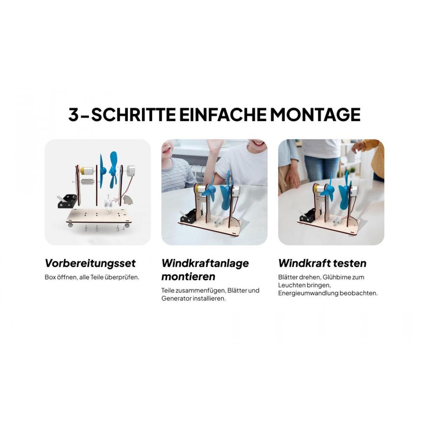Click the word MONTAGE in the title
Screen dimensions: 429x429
tap(315, 114)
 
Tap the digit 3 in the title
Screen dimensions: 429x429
tap(73, 114)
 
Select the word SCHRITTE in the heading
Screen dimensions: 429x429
tap(134, 114)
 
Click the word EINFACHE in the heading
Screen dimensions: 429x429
tap(223, 114)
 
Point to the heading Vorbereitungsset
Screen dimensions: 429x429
tap(90, 263)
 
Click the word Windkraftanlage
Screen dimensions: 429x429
tap(205, 263)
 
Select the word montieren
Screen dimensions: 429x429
tap(188, 277)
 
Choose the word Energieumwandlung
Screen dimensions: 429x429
tap(308, 293)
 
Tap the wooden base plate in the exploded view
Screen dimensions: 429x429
tap(98, 216)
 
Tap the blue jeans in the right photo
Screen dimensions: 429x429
tap(321, 168)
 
